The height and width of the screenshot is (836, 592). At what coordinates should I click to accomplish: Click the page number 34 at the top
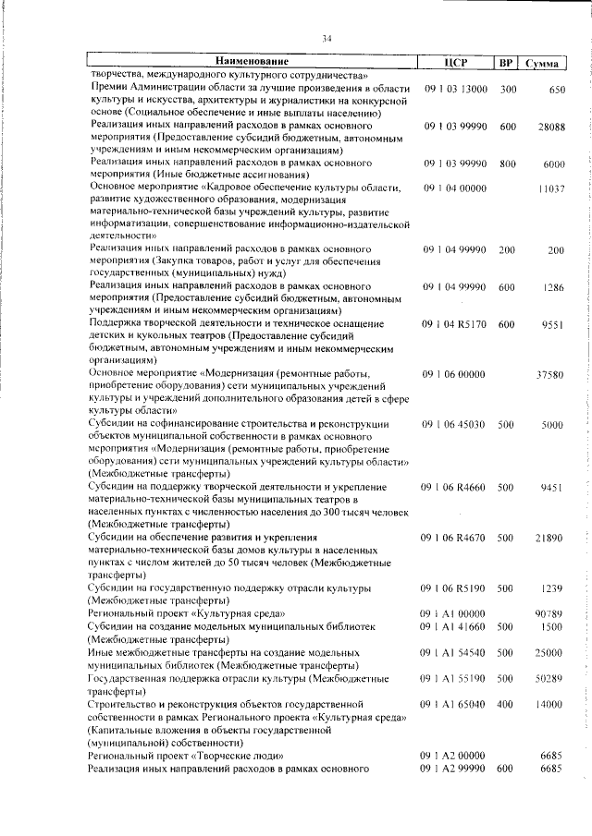327,39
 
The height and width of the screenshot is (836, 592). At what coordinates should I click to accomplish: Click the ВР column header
506,63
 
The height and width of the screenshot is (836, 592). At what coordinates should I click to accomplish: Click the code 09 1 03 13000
456,90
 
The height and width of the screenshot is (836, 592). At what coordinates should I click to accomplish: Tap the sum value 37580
550,374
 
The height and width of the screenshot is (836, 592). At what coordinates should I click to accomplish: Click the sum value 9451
552,487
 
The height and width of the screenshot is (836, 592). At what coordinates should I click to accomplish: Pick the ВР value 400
506,704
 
